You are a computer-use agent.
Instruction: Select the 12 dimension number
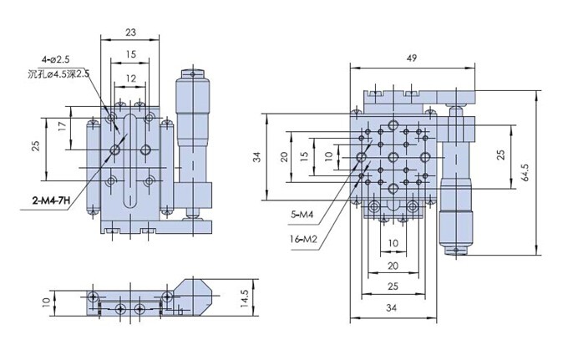pos(130,78)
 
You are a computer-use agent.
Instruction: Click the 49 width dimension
pos(412,59)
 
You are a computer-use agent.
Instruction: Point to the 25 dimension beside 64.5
pos(500,155)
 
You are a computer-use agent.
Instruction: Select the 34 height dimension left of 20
pos(258,156)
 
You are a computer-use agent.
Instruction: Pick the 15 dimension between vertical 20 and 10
pos(305,155)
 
